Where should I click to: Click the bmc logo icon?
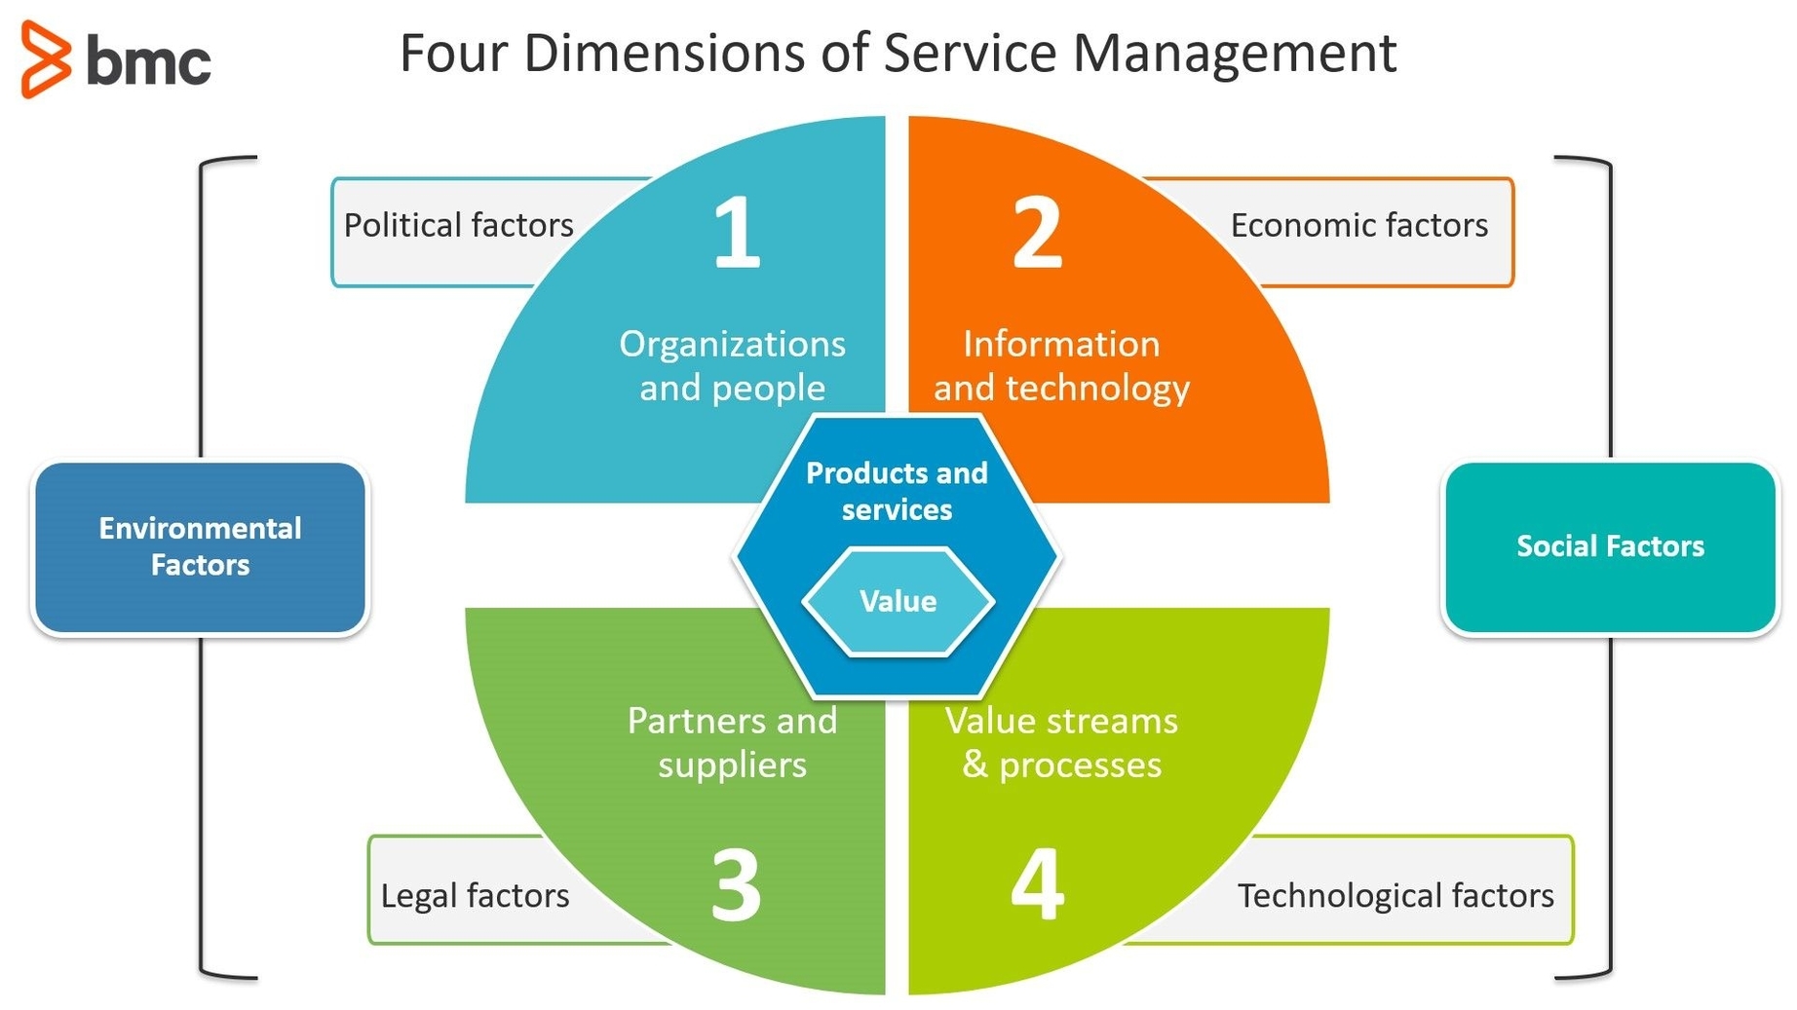click(x=46, y=59)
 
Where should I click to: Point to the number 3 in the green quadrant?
click(x=736, y=885)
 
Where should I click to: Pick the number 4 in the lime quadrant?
click(x=1037, y=885)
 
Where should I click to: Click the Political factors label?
click(x=458, y=226)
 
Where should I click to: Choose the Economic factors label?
click(x=1358, y=226)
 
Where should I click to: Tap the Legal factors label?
click(x=475, y=896)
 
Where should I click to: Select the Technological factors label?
click(x=1395, y=896)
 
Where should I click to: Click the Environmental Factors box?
click(x=200, y=547)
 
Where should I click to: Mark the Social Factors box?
click(x=1609, y=547)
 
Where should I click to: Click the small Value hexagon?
click(x=898, y=601)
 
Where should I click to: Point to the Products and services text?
click(x=897, y=491)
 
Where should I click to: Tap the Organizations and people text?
click(x=732, y=365)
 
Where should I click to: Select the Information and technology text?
click(x=1061, y=365)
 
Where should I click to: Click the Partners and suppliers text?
click(x=732, y=742)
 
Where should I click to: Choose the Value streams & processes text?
click(x=1061, y=742)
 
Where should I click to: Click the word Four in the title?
click(x=453, y=54)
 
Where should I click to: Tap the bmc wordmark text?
click(x=148, y=61)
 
